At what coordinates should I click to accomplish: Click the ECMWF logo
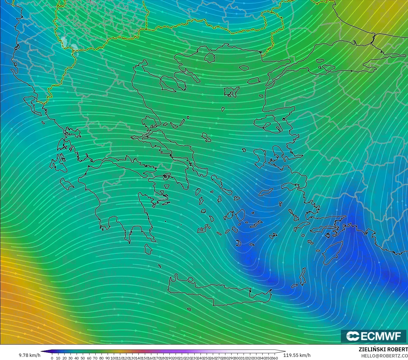pyautogui.click(x=373, y=336)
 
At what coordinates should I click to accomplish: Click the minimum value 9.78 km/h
pyautogui.click(x=29, y=355)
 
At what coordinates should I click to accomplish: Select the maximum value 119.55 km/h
pyautogui.click(x=297, y=355)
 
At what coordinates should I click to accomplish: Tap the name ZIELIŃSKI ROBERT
pyautogui.click(x=383, y=349)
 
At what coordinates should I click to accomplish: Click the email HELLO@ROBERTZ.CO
pyautogui.click(x=384, y=356)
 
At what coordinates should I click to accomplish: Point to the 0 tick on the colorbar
pyautogui.click(x=52, y=358)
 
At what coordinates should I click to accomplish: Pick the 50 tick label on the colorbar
pyautogui.click(x=83, y=358)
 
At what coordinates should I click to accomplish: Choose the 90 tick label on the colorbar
pyautogui.click(x=107, y=358)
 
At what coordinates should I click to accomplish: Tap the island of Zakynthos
pyautogui.click(x=66, y=183)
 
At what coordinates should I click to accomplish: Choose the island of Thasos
pyautogui.click(x=210, y=58)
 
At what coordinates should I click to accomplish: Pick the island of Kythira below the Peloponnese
pyautogui.click(x=148, y=249)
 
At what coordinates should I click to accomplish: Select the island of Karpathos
pyautogui.click(x=303, y=277)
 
